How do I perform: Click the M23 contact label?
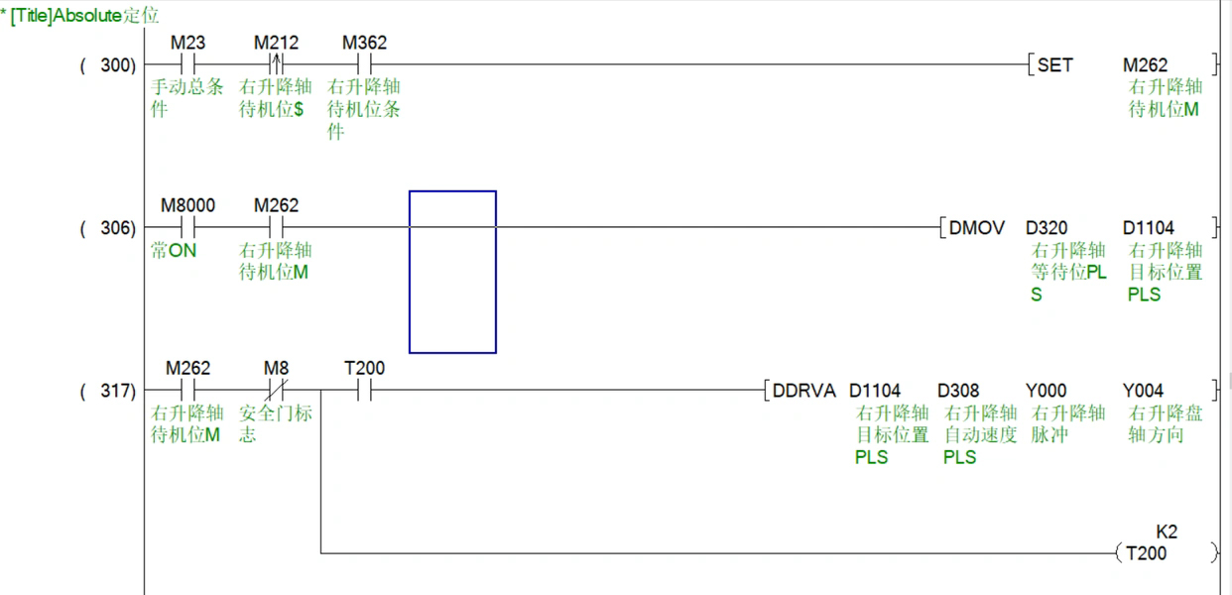(187, 44)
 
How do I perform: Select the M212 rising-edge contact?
(276, 65)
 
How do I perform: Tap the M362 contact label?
(364, 44)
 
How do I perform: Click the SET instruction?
(1054, 65)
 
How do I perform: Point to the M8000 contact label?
(187, 206)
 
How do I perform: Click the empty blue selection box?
(452, 272)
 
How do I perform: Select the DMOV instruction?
(976, 228)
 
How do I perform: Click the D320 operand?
(1047, 228)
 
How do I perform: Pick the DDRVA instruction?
(804, 391)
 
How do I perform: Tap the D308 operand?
(959, 391)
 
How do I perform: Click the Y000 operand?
(1046, 391)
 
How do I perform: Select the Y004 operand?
(1143, 391)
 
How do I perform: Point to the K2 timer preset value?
(1167, 533)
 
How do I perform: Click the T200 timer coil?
(1146, 553)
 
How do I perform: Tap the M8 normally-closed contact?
(276, 391)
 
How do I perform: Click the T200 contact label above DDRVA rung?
(364, 369)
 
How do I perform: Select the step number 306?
(117, 228)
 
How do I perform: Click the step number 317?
(117, 391)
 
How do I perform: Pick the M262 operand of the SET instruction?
(1145, 65)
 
